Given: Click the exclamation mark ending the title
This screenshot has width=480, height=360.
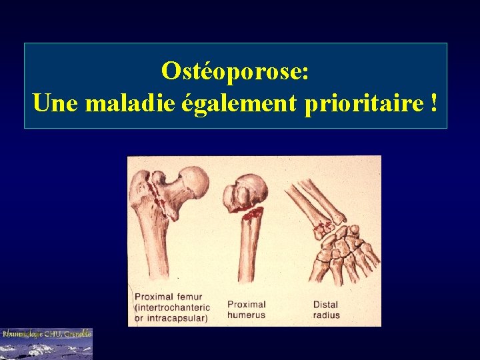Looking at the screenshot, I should [434, 103].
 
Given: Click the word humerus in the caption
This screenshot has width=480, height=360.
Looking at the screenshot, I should [246, 315].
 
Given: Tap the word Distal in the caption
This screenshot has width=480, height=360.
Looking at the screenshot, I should [326, 305].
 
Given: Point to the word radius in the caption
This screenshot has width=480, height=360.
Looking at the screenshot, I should [327, 315].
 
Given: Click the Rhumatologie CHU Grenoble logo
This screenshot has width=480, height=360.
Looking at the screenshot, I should [46, 343].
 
